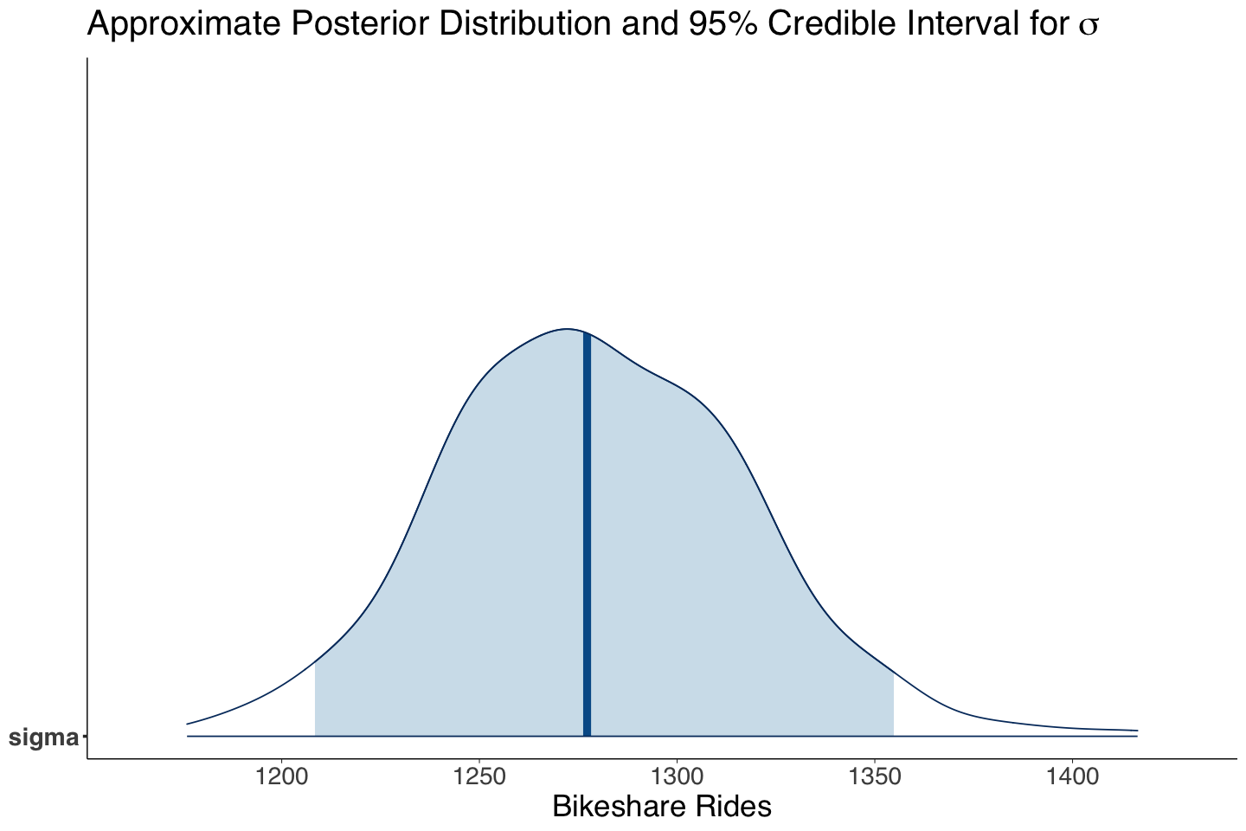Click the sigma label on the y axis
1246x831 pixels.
pyautogui.click(x=42, y=738)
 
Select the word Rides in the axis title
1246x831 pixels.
pyautogui.click(x=735, y=808)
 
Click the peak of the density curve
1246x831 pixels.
pyautogui.click(x=567, y=329)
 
